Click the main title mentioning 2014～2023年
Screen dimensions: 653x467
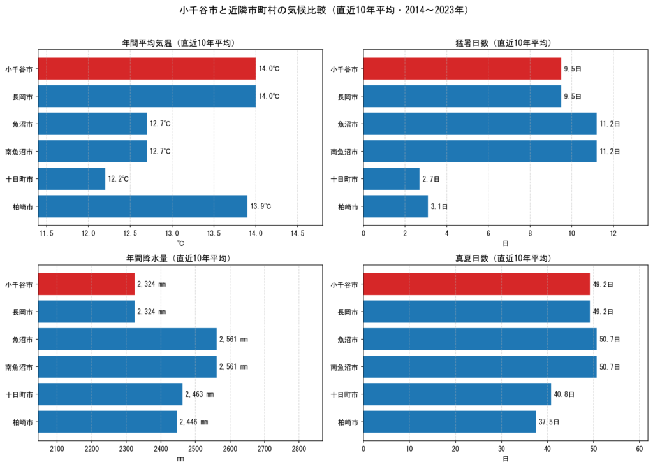point(325,10)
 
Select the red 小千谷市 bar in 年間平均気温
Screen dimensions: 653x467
point(147,69)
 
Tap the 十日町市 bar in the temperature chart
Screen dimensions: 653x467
point(71,179)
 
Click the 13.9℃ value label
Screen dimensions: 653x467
point(261,206)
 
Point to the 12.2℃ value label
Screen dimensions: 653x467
point(118,179)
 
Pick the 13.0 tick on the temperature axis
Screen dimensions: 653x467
point(172,233)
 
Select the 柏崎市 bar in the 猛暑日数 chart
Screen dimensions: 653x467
point(395,206)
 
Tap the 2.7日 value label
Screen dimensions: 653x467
point(430,179)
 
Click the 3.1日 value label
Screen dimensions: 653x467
point(439,206)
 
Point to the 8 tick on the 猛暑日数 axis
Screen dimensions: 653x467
point(530,233)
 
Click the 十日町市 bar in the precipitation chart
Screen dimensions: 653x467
point(110,394)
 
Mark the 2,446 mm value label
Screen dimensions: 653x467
point(194,422)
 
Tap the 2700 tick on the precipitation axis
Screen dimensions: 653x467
point(265,449)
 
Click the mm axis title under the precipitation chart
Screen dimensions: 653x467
point(180,459)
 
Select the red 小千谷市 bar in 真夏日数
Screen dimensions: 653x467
point(476,284)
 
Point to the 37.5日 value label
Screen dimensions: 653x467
point(549,422)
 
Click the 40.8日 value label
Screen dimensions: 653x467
point(564,394)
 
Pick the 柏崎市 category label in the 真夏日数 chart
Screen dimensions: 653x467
point(348,422)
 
